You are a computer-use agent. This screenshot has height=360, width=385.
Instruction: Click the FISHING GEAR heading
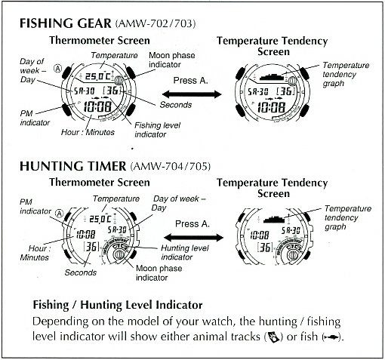tap(65, 23)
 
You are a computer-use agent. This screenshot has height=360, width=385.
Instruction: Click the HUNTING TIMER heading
tap(72, 166)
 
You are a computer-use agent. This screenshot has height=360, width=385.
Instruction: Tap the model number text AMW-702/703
tap(156, 23)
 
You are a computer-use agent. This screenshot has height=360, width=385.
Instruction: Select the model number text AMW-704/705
tap(171, 166)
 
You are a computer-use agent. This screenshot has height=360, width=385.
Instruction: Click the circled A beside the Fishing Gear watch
tap(58, 68)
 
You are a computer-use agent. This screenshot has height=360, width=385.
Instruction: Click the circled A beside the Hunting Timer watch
tap(59, 214)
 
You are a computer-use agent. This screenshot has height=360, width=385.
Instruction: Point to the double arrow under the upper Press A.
tap(192, 94)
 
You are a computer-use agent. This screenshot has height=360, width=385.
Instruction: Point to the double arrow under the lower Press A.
tap(193, 237)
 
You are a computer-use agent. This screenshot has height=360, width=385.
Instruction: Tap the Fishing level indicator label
tap(158, 130)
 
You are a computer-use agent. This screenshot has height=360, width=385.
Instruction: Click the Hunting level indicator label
tap(185, 252)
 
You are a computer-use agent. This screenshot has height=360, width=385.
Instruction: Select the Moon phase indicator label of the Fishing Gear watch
tap(172, 60)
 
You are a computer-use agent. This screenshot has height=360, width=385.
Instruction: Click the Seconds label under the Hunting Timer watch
tap(81, 272)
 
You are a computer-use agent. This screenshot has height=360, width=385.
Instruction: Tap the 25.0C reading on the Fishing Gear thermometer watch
tap(98, 76)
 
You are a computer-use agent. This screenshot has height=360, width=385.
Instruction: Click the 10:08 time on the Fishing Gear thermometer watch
tap(97, 106)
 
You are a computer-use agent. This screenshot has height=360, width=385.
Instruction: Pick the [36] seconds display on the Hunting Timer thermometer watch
tap(91, 247)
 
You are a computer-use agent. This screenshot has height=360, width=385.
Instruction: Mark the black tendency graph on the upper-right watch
tap(273, 77)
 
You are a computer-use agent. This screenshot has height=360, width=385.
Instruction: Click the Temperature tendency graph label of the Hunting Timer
tap(347, 217)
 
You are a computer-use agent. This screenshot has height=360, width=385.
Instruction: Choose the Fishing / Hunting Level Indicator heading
tap(118, 305)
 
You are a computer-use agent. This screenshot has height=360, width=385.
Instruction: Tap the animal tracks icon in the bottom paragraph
tap(273, 337)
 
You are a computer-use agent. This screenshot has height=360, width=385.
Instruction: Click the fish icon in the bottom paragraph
tap(332, 337)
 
